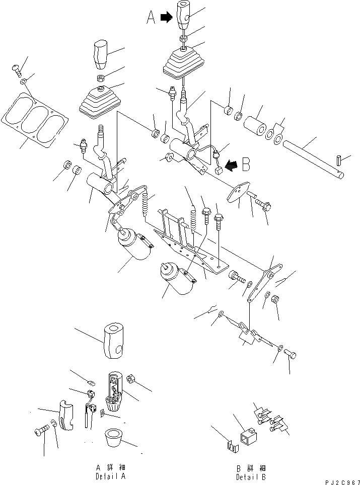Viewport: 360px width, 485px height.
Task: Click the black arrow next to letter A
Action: tap(166, 18)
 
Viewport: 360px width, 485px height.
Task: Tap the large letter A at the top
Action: tap(151, 18)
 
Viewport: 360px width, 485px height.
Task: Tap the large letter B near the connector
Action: tap(246, 164)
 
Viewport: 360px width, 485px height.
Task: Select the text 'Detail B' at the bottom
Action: tap(251, 476)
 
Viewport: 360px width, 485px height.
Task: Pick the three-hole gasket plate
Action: tap(36, 120)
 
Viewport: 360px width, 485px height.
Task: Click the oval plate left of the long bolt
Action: tap(237, 193)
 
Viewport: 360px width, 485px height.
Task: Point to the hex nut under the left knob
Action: tap(100, 78)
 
